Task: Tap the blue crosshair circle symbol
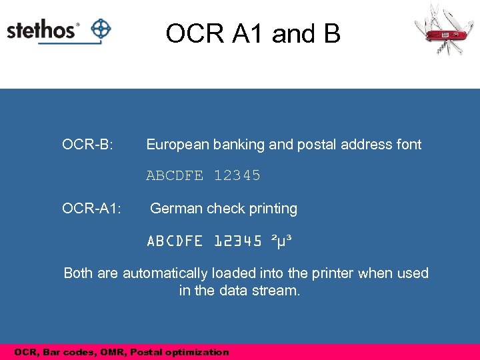tap(101, 29)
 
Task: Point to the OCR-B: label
tap(87, 145)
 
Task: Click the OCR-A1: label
tap(91, 209)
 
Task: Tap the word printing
tap(272, 209)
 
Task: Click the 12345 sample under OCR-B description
tap(237, 176)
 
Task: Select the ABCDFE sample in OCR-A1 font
tap(175, 241)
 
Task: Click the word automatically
tap(165, 273)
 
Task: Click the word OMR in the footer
tap(117, 352)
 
